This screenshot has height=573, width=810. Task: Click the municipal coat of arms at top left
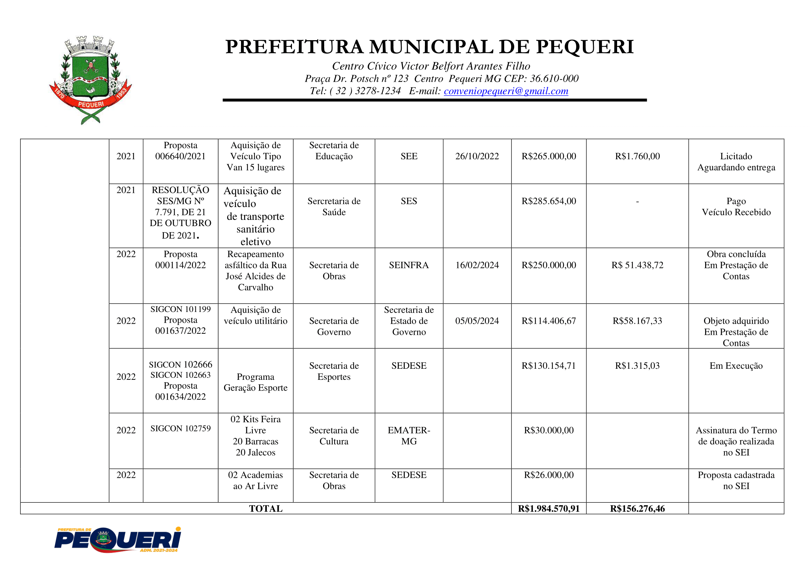coord(90,80)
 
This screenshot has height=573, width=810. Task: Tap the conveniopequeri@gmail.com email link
coord(506,91)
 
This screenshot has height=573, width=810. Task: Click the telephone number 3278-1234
coord(378,91)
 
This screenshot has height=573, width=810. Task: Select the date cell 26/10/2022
coord(477,156)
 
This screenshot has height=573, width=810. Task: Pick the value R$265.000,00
coord(549,156)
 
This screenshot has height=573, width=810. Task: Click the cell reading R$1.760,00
coord(637,156)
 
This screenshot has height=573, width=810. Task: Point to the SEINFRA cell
coord(409,265)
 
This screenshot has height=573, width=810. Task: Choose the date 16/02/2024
coord(477,265)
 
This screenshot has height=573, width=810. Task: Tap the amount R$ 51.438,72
coord(637,265)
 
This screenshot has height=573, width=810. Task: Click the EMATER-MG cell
coord(409,436)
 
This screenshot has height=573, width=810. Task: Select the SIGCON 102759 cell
coord(180,428)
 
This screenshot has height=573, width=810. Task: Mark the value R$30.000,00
coord(549,430)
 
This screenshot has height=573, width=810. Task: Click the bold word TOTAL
coord(266,509)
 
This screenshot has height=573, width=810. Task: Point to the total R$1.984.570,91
coord(549,509)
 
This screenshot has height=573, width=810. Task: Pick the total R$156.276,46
coord(637,509)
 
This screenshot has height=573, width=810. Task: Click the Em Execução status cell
coord(736,366)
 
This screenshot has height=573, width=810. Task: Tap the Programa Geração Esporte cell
coord(256,382)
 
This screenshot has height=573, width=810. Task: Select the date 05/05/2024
coord(477,321)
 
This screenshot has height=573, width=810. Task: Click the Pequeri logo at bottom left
coord(117,539)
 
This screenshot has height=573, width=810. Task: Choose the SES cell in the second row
coord(409,201)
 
